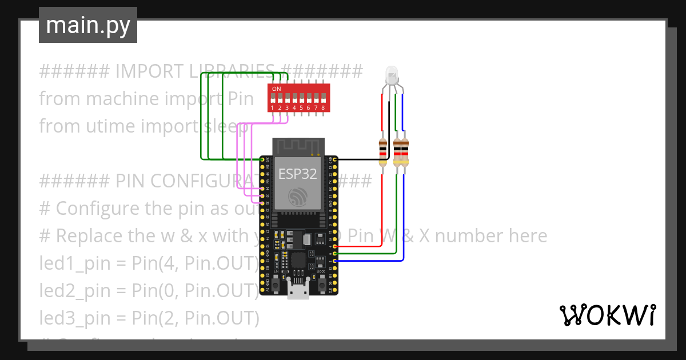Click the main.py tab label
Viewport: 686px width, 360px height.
87,25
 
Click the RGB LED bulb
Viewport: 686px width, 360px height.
392,74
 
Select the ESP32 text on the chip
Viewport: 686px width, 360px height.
297,174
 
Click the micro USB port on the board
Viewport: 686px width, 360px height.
297,292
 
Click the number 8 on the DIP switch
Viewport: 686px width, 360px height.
323,107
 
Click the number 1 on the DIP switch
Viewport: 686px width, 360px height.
273,107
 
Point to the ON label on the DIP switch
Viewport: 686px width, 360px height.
277,89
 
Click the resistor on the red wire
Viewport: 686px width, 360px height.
383,151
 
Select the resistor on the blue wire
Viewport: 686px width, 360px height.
405,151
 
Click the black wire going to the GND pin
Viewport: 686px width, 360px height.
360,159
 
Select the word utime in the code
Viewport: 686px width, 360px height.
106,126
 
